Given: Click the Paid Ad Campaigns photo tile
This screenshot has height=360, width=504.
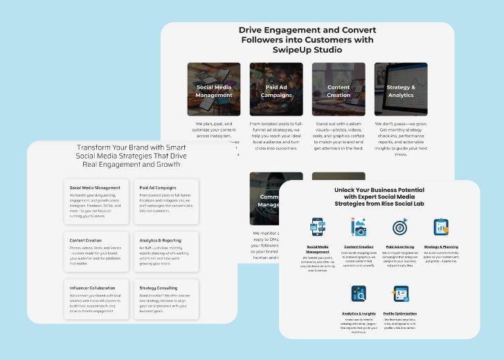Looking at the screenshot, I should click(x=276, y=89).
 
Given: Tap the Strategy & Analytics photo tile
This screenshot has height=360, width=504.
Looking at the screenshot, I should click(x=400, y=89).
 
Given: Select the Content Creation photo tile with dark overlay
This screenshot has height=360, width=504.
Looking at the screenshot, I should click(x=339, y=89).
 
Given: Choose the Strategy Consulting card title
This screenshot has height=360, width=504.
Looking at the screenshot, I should click(x=158, y=287).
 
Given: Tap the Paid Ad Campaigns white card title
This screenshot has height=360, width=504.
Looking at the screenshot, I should click(x=158, y=188).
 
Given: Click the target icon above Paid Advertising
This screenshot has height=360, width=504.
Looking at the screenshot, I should click(x=399, y=227).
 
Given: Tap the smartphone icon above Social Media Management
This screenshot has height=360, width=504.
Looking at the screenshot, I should click(x=318, y=227).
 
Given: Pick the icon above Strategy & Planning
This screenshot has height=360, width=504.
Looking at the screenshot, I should click(x=441, y=227).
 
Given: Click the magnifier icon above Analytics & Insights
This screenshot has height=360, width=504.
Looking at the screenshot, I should click(x=359, y=294).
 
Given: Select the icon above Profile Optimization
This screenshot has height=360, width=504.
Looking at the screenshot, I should click(x=401, y=294).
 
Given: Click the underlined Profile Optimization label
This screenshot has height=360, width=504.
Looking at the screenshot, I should click(x=401, y=313).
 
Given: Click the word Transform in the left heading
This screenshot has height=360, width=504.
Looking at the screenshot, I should click(x=96, y=147).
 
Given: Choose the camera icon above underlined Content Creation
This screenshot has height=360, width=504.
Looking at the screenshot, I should click(x=359, y=227).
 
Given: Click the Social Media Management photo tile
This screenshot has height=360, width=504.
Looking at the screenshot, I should click(x=214, y=89).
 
